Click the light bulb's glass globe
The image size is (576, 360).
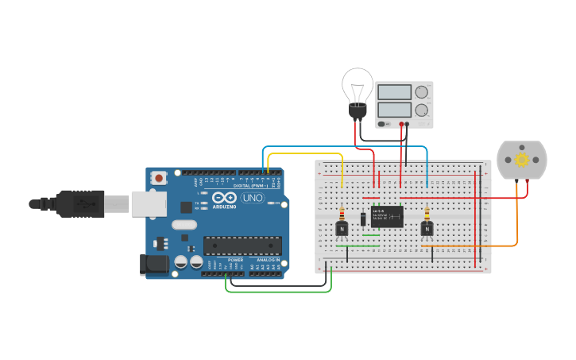[x=358, y=84]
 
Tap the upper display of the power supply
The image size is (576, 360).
[x=394, y=92]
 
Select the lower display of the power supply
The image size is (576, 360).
[x=394, y=110]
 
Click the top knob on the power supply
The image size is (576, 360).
[x=421, y=91]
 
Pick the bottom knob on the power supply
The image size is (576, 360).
[x=421, y=110]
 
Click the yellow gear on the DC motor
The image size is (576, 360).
[x=522, y=160]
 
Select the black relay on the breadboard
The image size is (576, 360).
[x=387, y=216]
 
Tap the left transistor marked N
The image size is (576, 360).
[x=342, y=229]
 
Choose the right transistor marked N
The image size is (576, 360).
[x=427, y=229]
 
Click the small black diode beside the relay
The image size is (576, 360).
[x=363, y=218]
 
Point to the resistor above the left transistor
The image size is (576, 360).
[x=342, y=214]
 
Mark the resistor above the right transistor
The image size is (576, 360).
[x=427, y=214]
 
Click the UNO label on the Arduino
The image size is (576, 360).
[x=253, y=197]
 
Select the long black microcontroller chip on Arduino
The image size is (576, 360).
[x=242, y=246]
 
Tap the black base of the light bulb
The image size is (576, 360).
[x=358, y=112]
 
